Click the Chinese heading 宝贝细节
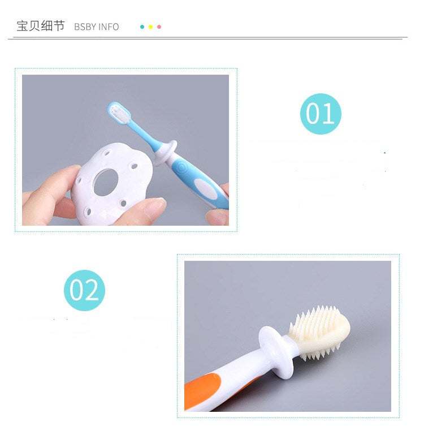[x=41, y=26]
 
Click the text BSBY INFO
[x=96, y=27]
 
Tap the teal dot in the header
[x=142, y=27]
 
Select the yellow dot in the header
[x=150, y=27]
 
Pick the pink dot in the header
[x=159, y=27]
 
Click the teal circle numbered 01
[x=321, y=114]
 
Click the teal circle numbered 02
[x=84, y=290]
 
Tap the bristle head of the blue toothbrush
[x=119, y=113]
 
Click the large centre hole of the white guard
[x=106, y=182]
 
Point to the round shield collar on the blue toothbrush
[x=166, y=153]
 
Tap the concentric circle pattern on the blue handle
[x=181, y=167]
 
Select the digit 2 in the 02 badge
[x=91, y=290]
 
